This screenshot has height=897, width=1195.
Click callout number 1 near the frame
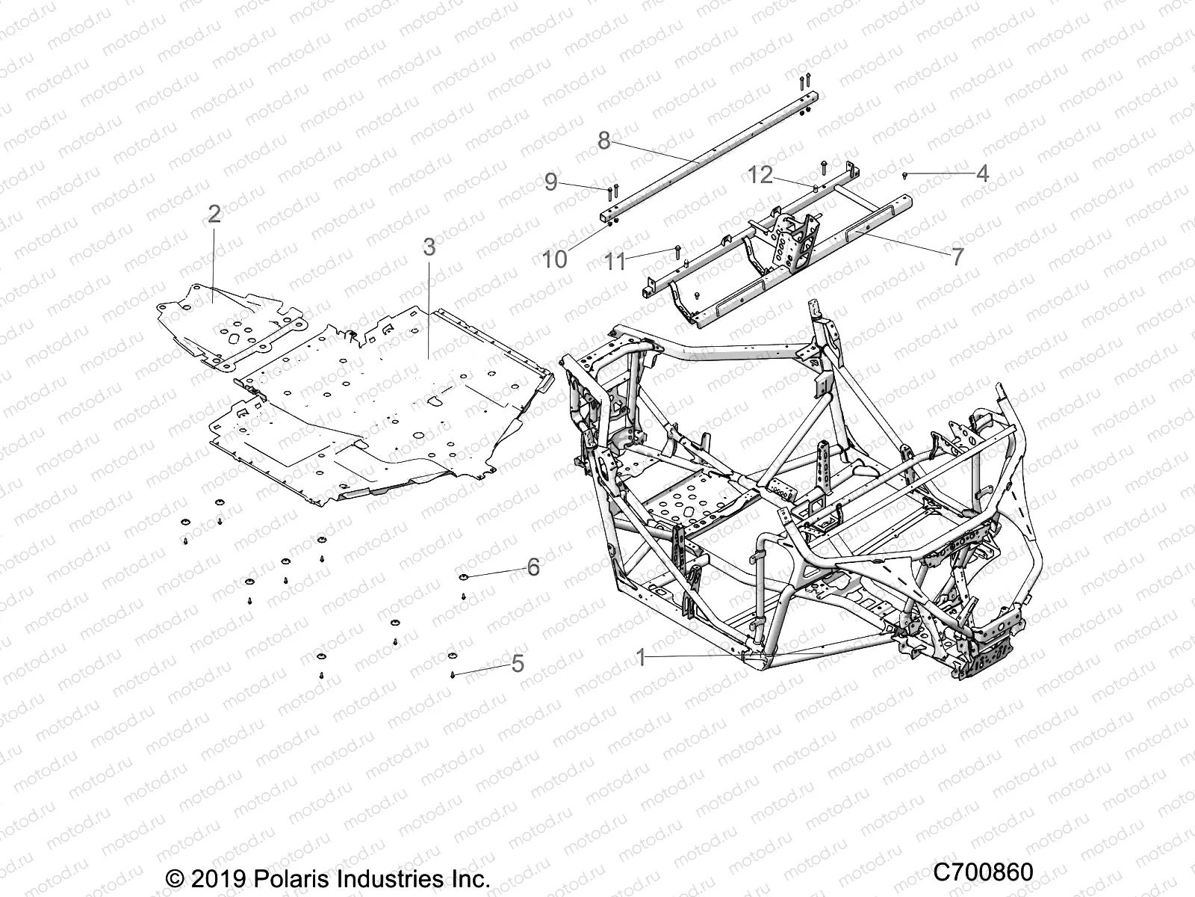[640, 658]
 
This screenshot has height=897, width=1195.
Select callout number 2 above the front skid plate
[214, 215]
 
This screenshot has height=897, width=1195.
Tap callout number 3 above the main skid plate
[429, 247]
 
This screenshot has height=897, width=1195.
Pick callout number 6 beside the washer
[533, 567]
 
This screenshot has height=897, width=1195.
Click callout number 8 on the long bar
[625, 140]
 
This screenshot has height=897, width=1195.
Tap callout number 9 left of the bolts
[572, 182]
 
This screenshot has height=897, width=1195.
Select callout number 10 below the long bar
[555, 259]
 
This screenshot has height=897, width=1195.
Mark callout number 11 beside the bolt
[615, 262]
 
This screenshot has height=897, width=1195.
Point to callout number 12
[760, 175]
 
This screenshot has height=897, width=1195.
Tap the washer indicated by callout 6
[464, 576]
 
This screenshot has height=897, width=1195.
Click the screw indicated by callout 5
[453, 675]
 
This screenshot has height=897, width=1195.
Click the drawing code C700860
[983, 872]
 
